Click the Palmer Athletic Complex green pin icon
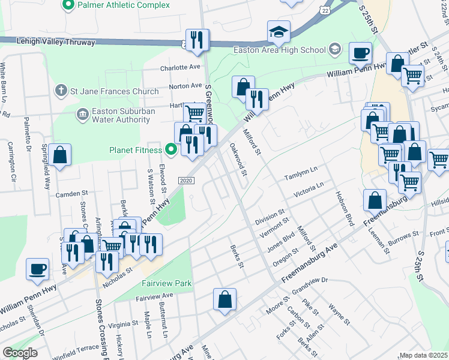click(x=67, y=5)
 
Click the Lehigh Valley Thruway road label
click(x=48, y=43)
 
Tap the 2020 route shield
click(x=187, y=181)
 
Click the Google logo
click(x=20, y=353)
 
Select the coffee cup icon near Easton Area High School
click(x=361, y=53)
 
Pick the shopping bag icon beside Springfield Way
click(x=61, y=155)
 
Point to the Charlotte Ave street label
click(x=180, y=68)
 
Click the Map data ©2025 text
click(x=424, y=355)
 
